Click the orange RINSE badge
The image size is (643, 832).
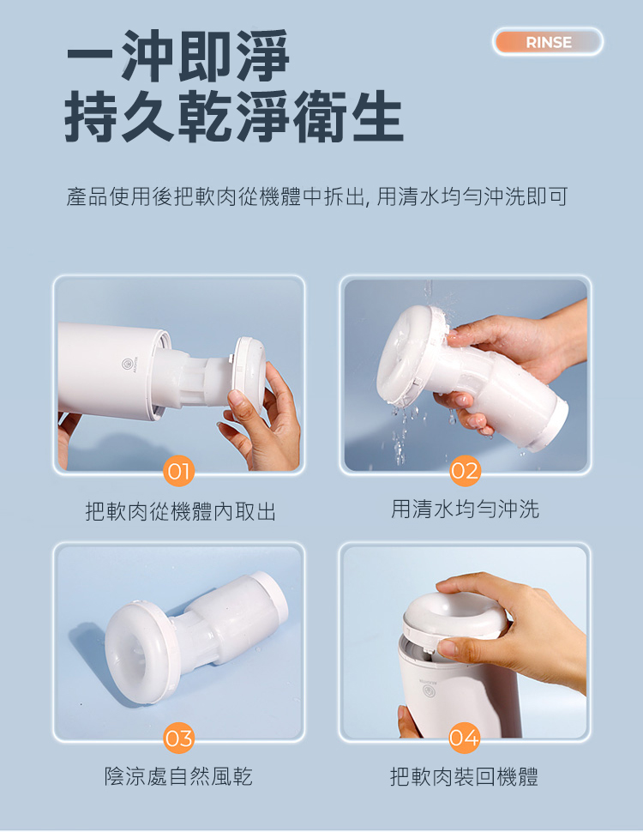coord(548,42)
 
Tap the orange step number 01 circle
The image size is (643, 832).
coord(179,471)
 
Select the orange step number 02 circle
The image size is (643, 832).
coord(466,471)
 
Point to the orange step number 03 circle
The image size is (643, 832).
coord(179,739)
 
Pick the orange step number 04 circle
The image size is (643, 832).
coord(464,739)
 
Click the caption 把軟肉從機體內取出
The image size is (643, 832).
coord(181,511)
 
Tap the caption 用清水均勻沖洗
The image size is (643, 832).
coord(466,509)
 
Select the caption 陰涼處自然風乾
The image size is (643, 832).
coord(179,776)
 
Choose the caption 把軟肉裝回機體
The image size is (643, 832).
coord(464,777)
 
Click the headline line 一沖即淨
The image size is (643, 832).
coord(178,56)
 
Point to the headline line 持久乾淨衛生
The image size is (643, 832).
coord(234,118)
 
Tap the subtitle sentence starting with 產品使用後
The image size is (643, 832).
coord(317,196)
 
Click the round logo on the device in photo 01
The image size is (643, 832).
coord(128,364)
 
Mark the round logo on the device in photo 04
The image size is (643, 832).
coord(429,690)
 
